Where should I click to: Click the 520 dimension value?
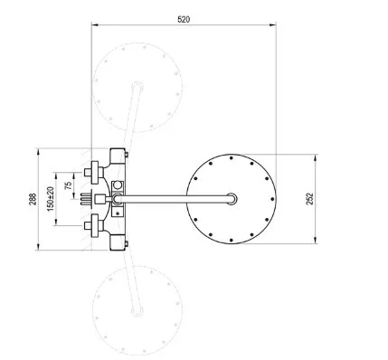(184, 20)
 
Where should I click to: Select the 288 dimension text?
(33, 199)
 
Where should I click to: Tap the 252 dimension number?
(310, 199)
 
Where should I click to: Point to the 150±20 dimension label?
(51, 199)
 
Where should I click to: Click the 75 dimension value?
(69, 185)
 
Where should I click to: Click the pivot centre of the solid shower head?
(232, 199)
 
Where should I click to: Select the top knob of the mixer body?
(118, 156)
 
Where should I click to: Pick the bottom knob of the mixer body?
(118, 242)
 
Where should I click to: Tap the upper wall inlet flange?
(95, 173)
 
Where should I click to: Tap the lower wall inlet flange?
(95, 225)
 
